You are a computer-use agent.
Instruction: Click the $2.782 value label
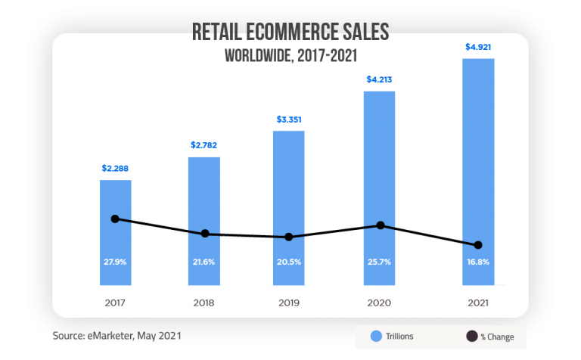coord(204,144)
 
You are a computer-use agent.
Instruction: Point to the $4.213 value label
coord(380,79)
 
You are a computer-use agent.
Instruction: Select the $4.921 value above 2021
coord(478,47)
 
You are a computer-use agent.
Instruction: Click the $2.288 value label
coord(115,167)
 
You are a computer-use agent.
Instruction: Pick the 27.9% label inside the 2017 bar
coord(115,262)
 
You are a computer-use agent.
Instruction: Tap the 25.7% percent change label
coord(380,262)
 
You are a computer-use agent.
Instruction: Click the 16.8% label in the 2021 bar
coord(478,262)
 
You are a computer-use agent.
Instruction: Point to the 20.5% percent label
coord(289,262)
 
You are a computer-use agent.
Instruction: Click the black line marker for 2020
coord(381,225)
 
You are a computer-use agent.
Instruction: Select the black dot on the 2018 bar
coord(204,234)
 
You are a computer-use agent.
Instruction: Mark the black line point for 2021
coord(478,245)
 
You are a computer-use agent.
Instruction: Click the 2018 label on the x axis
coord(204,303)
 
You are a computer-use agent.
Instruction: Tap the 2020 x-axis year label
coord(380,303)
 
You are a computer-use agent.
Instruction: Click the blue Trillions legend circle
coord(375,337)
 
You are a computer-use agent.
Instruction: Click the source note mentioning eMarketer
coord(117,334)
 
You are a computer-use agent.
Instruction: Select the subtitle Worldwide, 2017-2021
coord(290,54)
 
